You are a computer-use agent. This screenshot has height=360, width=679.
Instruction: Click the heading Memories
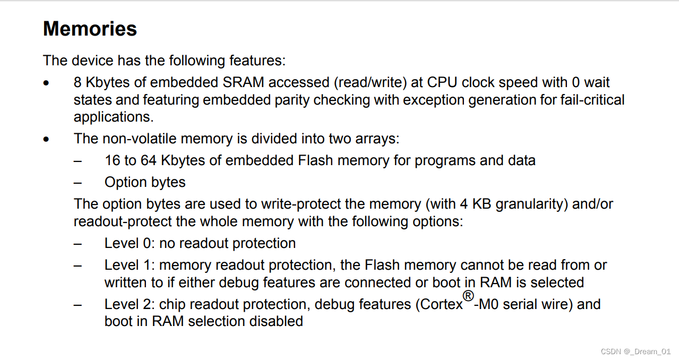(x=90, y=29)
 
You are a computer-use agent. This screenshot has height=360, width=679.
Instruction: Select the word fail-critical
(x=592, y=100)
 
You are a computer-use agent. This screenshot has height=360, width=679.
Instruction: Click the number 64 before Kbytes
(x=148, y=160)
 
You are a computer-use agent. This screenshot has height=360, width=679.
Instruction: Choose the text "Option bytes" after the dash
(x=145, y=182)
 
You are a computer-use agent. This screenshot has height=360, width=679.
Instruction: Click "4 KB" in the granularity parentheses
(x=488, y=204)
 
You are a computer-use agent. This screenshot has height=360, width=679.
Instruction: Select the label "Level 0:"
(x=130, y=243)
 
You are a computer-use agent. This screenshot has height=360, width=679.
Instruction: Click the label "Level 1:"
(x=130, y=265)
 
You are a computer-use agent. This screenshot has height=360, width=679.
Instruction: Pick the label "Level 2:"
(x=130, y=304)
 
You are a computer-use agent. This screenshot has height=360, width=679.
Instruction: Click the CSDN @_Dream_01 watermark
(x=635, y=352)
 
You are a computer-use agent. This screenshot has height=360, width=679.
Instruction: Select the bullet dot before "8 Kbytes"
(x=47, y=83)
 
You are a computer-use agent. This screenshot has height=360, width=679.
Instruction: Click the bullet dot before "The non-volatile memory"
(x=47, y=140)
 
